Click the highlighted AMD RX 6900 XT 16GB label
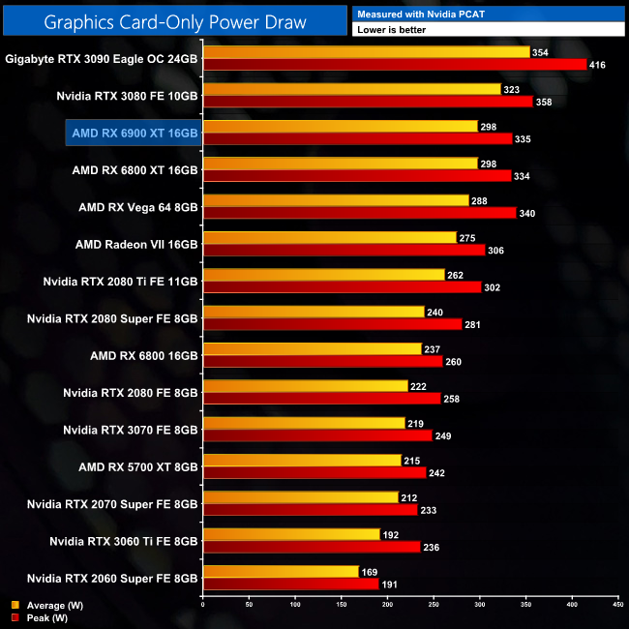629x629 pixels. (134, 133)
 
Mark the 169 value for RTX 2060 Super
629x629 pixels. (371, 571)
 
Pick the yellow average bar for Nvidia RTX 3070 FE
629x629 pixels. (303, 423)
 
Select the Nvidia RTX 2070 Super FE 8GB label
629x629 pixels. (112, 504)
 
